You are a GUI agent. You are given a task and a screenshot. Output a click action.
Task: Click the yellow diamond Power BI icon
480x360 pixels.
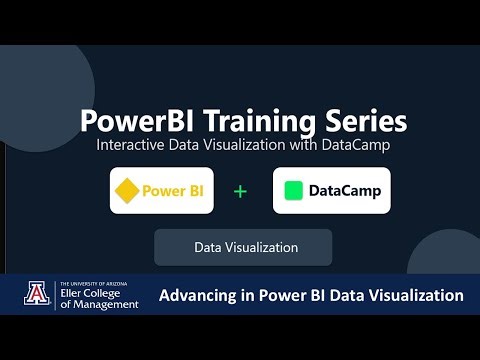[x=125, y=190]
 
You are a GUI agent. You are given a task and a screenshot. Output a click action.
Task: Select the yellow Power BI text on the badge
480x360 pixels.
[x=172, y=190]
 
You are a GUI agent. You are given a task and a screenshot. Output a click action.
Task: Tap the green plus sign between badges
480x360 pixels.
[x=240, y=190]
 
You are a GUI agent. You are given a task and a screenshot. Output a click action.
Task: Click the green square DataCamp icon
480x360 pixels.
[x=293, y=190]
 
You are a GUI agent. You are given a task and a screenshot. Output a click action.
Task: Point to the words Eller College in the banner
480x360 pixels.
[x=94, y=295]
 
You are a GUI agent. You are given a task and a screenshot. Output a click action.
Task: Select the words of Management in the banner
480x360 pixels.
[x=98, y=305]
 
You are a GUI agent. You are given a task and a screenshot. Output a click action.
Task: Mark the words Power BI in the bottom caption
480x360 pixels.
[x=290, y=295]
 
